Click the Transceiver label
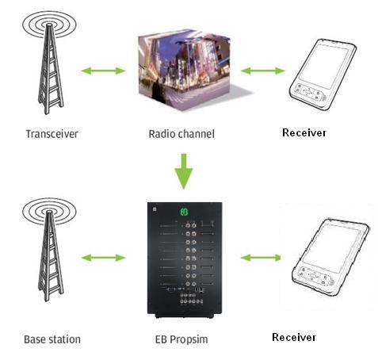coord(52,134)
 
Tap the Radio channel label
coord(181,134)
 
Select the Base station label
coord(52,339)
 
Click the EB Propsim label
coord(181,339)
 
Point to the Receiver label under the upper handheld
coord(304,132)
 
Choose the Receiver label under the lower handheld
coord(294,337)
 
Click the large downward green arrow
coord(184,171)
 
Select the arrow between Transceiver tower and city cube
coord(103,71)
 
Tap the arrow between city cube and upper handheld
coord(263,71)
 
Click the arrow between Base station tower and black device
coord(103,258)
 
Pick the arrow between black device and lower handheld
coord(261,258)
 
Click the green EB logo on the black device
coord(185,212)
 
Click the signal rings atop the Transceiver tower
coord(49,25)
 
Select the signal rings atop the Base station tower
coord(49,212)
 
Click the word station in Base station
coord(63,339)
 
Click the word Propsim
coord(189,339)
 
